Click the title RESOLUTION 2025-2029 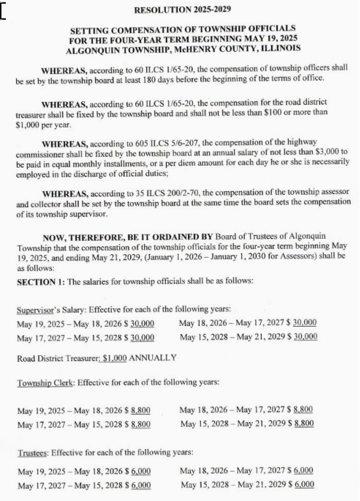pyautogui.click(x=182, y=9)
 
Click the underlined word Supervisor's pyautogui.click(x=37, y=310)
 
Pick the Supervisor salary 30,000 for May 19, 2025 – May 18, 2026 pyautogui.click(x=142, y=323)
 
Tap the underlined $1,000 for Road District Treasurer pyautogui.click(x=114, y=358)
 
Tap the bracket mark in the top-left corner pyautogui.click(x=3, y=12)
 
